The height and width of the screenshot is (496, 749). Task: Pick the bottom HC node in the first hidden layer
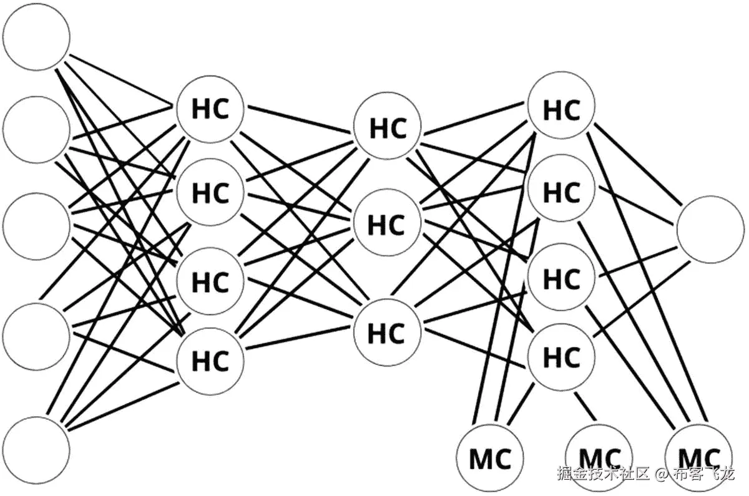pyautogui.click(x=210, y=361)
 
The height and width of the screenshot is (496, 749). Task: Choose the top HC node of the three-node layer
pyautogui.click(x=387, y=127)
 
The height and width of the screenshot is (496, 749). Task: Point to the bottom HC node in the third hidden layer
pyautogui.click(x=561, y=357)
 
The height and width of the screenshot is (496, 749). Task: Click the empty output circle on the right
pyautogui.click(x=710, y=229)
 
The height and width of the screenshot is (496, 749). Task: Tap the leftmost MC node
pyautogui.click(x=490, y=459)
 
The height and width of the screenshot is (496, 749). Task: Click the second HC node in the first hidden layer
pyautogui.click(x=210, y=193)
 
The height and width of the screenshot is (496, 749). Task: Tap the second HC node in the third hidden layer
pyautogui.click(x=561, y=192)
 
